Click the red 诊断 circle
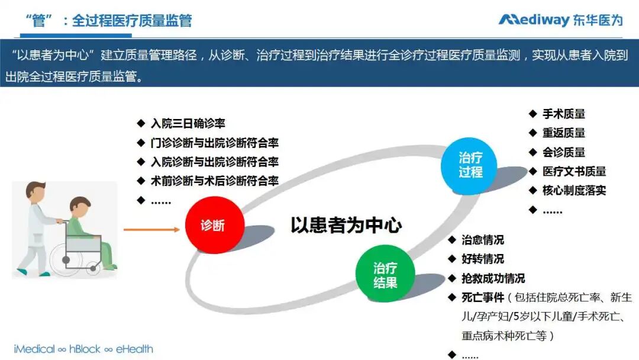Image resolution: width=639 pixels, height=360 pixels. (213, 226)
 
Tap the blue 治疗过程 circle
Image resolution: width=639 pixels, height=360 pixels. (470, 165)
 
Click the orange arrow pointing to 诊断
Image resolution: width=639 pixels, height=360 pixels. (151, 229)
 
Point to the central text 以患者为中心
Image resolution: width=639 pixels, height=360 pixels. (346, 226)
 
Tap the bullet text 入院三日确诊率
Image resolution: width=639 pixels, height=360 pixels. (188, 124)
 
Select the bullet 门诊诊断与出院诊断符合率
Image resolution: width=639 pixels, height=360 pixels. (214, 143)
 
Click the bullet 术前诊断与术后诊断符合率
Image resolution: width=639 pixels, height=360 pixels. (214, 181)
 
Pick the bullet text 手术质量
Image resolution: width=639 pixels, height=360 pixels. (564, 114)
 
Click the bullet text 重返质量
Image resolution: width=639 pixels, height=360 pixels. (564, 133)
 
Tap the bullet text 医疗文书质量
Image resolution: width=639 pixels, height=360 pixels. (574, 171)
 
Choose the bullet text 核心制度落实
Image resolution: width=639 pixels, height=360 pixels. (574, 190)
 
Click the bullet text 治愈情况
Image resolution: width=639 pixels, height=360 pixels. (483, 240)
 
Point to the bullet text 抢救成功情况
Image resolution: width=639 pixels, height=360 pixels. (493, 278)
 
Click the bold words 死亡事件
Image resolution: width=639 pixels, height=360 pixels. (483, 297)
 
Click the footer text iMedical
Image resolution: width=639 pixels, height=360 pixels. (34, 349)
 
